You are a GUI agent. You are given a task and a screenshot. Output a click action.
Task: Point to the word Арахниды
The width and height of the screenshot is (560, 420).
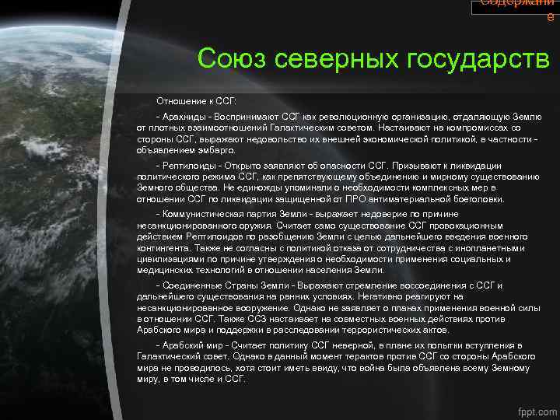pyautogui.click(x=184, y=114)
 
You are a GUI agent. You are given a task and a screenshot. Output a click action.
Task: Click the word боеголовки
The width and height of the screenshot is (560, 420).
pyautogui.click(x=476, y=199)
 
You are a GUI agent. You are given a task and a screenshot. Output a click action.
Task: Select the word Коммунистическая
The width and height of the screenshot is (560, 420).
pyautogui.click(x=203, y=214)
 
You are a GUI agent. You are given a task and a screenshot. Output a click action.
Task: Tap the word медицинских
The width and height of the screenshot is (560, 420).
pyautogui.click(x=164, y=270)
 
